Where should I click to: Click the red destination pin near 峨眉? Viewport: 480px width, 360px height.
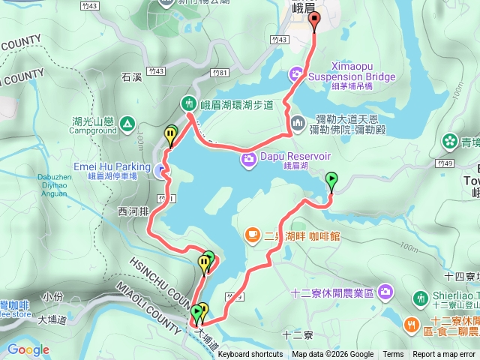point(314,21)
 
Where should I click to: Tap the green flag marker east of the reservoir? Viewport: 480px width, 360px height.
point(332,179)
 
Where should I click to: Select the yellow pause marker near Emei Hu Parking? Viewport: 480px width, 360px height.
point(171,135)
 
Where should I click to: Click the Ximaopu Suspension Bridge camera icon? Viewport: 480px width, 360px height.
point(297,73)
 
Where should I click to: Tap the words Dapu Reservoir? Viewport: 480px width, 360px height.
point(296,156)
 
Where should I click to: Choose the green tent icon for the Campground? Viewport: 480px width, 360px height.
point(127,123)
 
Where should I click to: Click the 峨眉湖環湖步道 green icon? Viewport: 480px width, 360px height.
point(188,103)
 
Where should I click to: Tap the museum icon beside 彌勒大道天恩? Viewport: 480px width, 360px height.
point(297,122)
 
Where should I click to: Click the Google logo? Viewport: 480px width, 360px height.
point(28,350)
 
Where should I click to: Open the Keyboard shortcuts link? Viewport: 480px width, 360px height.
point(250,355)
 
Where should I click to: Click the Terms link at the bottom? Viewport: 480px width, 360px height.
point(392,355)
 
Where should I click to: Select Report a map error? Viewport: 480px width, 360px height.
point(444,355)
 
